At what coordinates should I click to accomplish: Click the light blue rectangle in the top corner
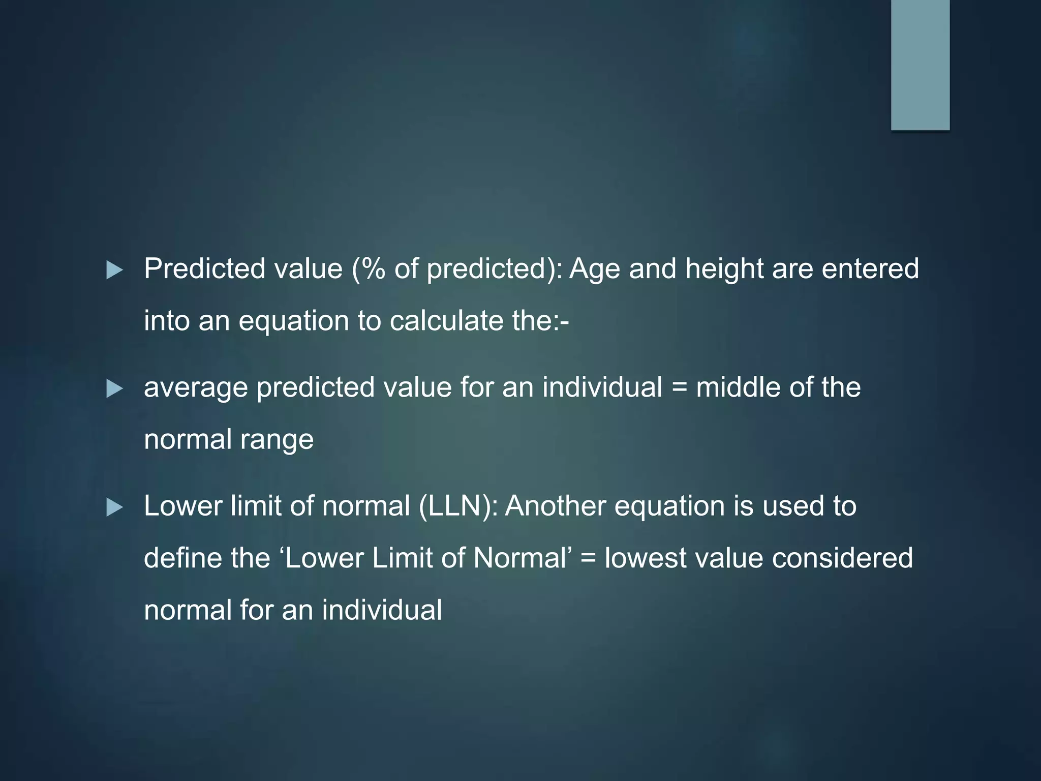point(920,65)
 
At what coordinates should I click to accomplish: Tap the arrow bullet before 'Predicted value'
point(114,270)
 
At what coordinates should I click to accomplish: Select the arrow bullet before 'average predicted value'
point(114,389)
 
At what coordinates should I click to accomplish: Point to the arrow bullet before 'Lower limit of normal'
point(114,507)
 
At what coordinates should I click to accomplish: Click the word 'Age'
point(595,269)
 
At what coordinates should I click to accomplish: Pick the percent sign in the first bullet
point(373,268)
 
